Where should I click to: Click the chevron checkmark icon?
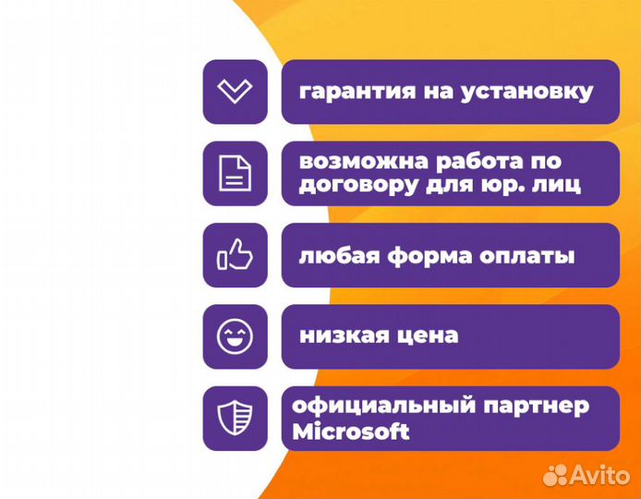235,91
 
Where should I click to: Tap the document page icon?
235,173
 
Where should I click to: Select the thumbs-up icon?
235,255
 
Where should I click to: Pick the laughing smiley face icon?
235,336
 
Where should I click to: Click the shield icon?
235,419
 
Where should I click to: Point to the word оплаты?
525,256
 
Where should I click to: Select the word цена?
429,335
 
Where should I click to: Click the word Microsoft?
350,431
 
